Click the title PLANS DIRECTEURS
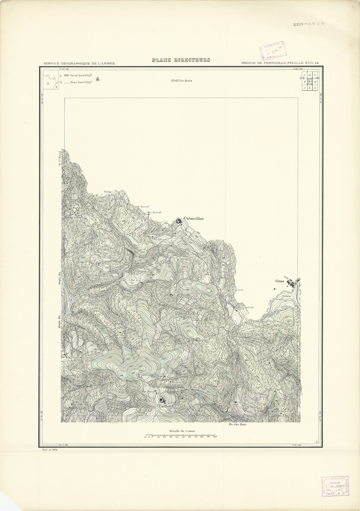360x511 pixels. coord(181,60)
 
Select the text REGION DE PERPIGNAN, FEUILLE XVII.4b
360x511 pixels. coord(282,63)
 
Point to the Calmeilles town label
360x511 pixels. coord(193,219)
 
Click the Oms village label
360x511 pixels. coord(280,281)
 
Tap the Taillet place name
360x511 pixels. coord(164,406)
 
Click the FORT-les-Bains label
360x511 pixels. coord(181,81)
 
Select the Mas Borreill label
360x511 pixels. coord(154,213)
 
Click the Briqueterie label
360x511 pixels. coord(237,290)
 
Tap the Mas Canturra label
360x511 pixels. coord(246,308)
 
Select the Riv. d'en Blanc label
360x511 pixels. coord(237,425)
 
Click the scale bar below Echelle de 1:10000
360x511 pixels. coord(181,435)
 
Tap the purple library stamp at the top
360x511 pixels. coord(272,50)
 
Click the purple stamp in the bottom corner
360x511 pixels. coord(335,486)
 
